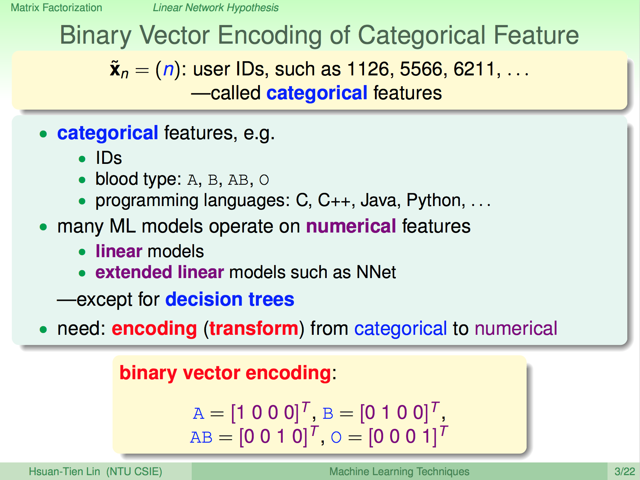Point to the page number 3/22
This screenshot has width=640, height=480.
coord(625,471)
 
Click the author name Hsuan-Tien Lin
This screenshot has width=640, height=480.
coord(65,471)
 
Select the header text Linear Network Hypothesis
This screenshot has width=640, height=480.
coord(216,8)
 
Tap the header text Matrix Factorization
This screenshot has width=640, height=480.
coord(56,8)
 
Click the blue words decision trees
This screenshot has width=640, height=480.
coord(230,299)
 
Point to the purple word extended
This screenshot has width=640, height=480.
coord(134,272)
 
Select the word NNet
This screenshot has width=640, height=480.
coord(376,272)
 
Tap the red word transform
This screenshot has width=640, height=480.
coord(254,328)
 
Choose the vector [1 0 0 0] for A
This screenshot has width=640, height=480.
coord(265,413)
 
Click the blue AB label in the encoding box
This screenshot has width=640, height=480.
coord(201,437)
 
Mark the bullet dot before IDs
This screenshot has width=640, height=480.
coord(82,159)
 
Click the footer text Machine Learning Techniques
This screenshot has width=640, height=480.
coord(399,471)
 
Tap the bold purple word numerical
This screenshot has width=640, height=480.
coord(351,226)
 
